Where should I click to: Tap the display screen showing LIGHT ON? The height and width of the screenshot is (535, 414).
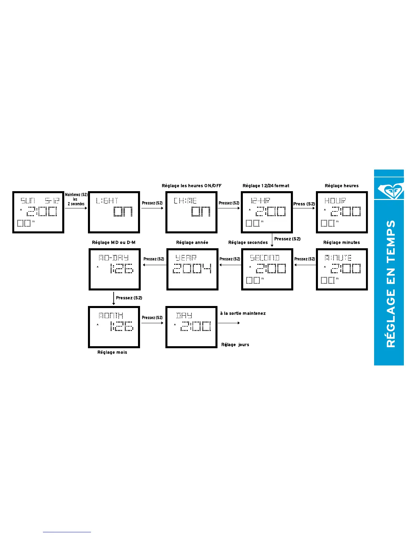coord(114,212)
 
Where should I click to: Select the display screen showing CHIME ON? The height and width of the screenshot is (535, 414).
coord(191,212)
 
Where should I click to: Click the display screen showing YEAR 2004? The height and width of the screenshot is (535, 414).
coord(192,269)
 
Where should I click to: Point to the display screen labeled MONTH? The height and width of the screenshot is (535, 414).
coord(114,327)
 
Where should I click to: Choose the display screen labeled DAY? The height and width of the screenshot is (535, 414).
coord(191,327)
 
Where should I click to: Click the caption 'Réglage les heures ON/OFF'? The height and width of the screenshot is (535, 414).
coord(191,186)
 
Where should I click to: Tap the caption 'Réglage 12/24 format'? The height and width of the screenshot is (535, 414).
coord(266,186)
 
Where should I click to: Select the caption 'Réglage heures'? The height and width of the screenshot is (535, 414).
coord(342,186)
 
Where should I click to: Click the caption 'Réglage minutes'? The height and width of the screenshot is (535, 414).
coord(342,243)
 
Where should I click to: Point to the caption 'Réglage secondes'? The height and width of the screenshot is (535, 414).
coord(248,243)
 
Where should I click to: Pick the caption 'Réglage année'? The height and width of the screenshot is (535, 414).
coord(192,243)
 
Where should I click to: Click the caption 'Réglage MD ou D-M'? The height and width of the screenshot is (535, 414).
coord(114,243)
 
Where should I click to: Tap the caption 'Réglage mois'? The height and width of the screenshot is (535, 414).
coord(112,352)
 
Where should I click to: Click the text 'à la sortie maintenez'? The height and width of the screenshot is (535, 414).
coord(243,313)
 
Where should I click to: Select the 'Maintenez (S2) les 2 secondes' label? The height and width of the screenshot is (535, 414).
coord(76,199)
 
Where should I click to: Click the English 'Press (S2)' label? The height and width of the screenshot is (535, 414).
coord(304,204)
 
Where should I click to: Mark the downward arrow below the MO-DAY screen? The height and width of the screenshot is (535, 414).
coord(114,298)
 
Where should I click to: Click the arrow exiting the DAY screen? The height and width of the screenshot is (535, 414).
coord(229,323)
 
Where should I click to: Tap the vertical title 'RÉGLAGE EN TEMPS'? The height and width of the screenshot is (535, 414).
coord(391,284)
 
